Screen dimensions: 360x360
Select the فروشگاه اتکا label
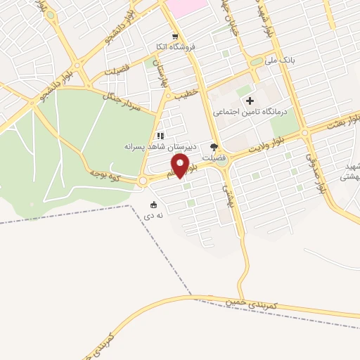[x=175, y=48]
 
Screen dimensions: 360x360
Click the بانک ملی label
[x=280, y=61]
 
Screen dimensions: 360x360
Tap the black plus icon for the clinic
[x=250, y=101]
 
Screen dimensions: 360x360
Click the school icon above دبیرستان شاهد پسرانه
[x=160, y=136]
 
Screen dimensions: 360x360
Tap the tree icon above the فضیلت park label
[x=214, y=148]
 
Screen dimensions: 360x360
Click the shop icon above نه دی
[x=153, y=205]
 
